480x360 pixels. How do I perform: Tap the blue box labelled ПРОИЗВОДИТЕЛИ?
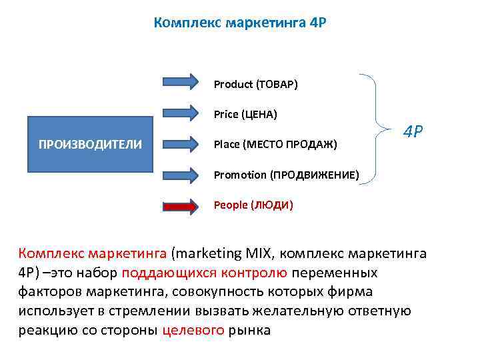tap(90, 144)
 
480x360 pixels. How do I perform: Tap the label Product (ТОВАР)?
tap(255, 85)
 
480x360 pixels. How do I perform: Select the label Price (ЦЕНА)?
tap(245, 115)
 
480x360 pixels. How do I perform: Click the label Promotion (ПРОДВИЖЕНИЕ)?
tap(286, 175)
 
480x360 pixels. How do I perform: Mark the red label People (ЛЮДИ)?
tap(253, 205)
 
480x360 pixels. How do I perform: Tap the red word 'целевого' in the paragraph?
tap(193, 330)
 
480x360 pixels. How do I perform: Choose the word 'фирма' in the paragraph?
tap(354, 292)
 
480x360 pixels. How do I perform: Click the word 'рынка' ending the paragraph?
tap(249, 330)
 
